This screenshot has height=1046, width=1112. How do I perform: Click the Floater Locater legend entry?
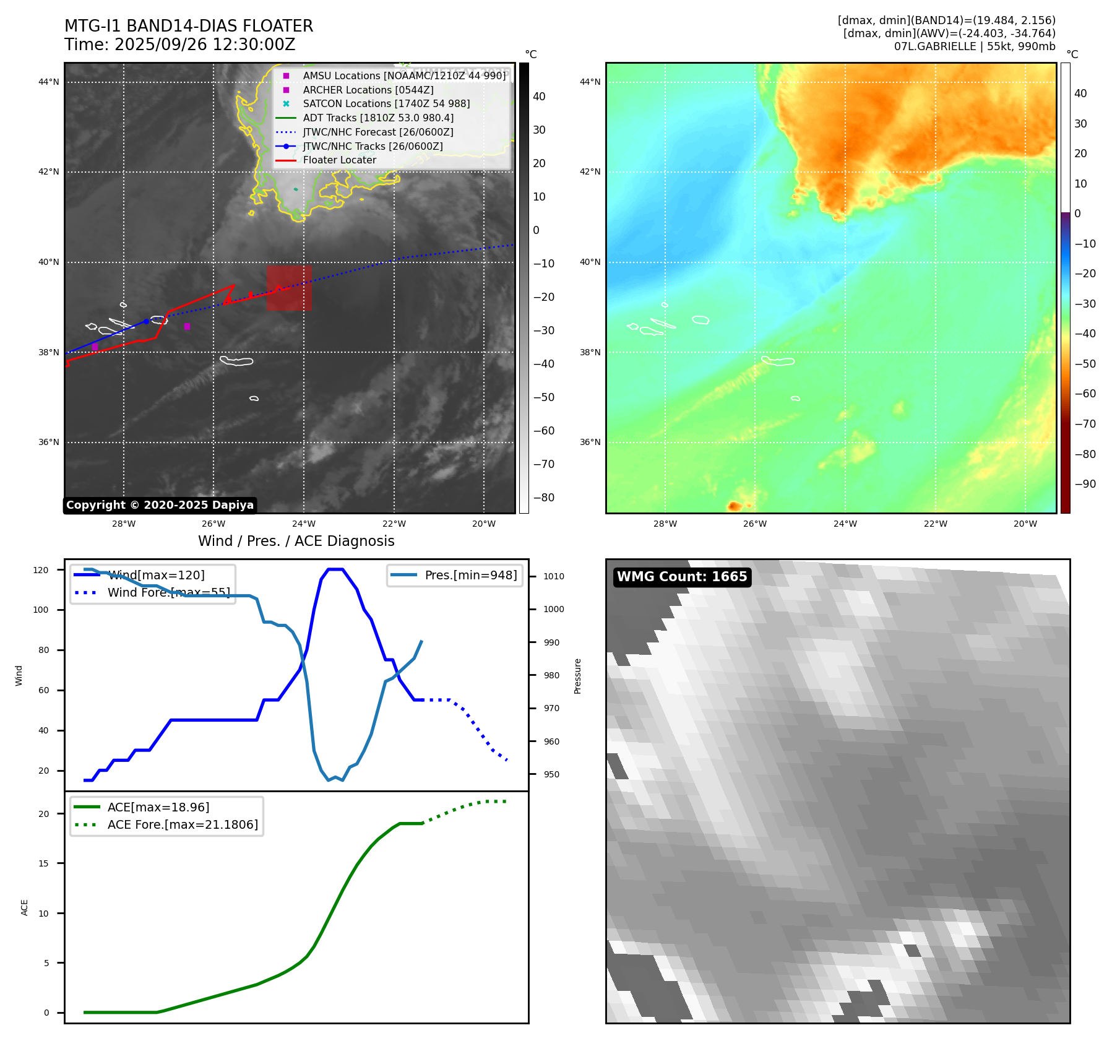pos(339,160)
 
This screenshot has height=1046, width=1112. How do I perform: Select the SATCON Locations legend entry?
pos(386,104)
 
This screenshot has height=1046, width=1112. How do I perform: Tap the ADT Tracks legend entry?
pos(378,118)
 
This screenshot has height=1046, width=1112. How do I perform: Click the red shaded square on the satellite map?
pos(289,288)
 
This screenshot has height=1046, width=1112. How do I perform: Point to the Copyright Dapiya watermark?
pos(160,505)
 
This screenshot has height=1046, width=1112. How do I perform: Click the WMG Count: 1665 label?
pos(682,577)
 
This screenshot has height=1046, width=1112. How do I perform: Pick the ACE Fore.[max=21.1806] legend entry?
pos(183,824)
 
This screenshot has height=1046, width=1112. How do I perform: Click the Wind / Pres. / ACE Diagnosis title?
pos(296,541)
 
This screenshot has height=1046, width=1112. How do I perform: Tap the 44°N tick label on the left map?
pos(49,82)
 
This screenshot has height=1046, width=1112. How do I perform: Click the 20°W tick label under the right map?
pos(1025,524)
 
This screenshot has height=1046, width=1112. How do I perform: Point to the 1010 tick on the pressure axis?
pos(554,576)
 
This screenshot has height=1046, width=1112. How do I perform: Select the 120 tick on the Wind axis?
pos(41,570)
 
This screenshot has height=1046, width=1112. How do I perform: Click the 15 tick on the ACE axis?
pos(43,863)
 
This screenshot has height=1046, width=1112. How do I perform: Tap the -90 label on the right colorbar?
pos(1085,484)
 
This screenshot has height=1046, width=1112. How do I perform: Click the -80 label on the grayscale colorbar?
pos(544,498)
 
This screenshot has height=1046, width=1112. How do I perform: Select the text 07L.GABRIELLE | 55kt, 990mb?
pos(975,46)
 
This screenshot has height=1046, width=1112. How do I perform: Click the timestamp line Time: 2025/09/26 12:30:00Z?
pos(180,45)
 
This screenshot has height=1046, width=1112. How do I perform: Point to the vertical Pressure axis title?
pos(577,676)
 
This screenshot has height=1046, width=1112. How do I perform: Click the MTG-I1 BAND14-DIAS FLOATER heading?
pos(189,26)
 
